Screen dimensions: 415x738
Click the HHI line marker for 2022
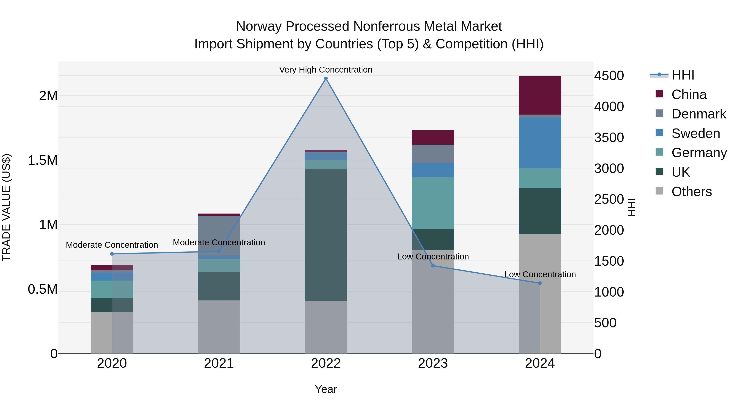coord(326,78)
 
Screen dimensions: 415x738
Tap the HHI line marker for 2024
coord(540,283)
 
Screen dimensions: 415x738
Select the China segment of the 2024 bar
coord(540,95)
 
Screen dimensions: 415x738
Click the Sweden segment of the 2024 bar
coord(540,143)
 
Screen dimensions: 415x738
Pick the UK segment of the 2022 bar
coord(326,235)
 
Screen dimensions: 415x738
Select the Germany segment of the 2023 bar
coord(433,203)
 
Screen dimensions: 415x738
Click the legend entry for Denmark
coord(698,114)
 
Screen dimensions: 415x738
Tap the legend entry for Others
coord(691,192)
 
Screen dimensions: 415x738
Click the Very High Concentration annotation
coord(326,70)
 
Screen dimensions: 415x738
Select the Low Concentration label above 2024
coord(540,274)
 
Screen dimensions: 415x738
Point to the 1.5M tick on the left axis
coord(42,160)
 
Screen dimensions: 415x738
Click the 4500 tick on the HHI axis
coord(609,76)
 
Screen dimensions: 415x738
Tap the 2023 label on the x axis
coord(433,363)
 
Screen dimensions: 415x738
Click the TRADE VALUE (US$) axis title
coord(6,207)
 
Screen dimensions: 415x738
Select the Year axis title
coord(326,389)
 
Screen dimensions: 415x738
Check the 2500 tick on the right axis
coord(609,199)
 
